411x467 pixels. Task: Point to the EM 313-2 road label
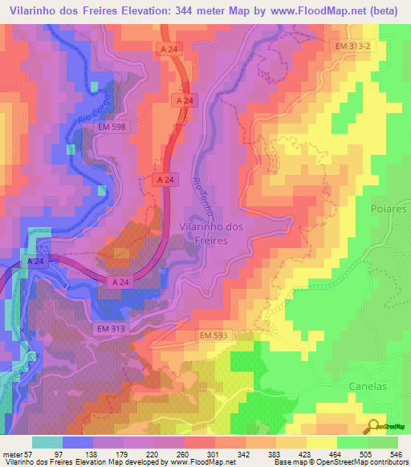(x=355, y=47)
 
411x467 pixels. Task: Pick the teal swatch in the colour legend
(x=47, y=442)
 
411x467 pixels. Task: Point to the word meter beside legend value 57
(x=12, y=453)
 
